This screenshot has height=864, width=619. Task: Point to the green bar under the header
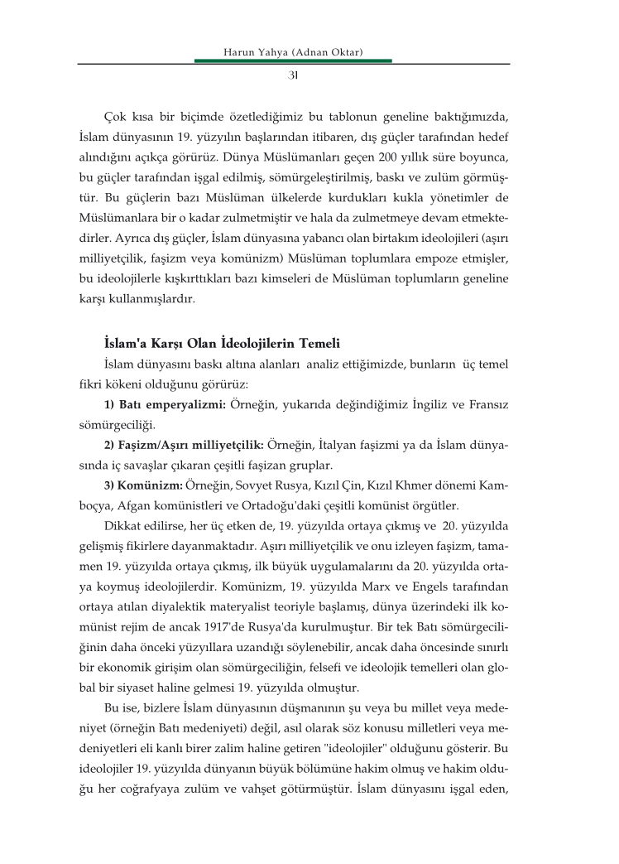(x=292, y=61)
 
